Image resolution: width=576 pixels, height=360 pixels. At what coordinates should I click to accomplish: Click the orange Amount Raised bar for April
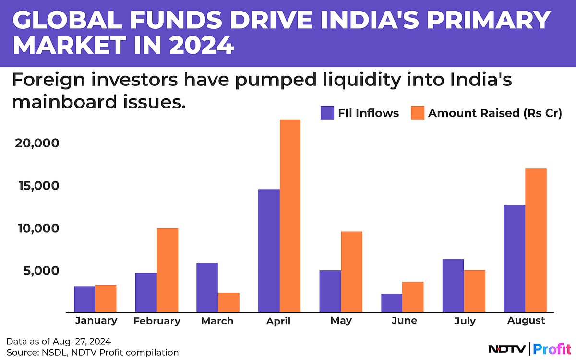[x=290, y=216]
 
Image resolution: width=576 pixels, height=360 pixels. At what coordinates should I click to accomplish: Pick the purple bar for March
[x=207, y=287]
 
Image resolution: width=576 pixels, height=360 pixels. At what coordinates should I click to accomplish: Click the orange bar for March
[x=228, y=302]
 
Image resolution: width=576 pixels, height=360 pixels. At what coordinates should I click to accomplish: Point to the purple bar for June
[x=392, y=303]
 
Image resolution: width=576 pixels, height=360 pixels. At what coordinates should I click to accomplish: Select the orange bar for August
[x=536, y=240]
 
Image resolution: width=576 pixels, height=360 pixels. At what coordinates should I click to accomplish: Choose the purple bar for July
[x=453, y=286]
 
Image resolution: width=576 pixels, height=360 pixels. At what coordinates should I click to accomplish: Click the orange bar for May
[x=351, y=272]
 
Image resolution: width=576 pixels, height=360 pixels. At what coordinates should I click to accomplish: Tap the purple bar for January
[x=84, y=299]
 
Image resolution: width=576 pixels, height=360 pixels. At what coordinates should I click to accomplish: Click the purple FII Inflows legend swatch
[x=327, y=113]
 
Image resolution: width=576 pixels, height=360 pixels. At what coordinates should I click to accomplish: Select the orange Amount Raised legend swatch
[x=418, y=113]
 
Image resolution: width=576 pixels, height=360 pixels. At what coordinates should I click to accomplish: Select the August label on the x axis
[x=527, y=321]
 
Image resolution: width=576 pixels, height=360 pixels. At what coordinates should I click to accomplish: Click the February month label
[x=157, y=321]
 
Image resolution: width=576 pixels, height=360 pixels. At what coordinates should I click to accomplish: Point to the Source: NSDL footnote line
[x=92, y=352]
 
